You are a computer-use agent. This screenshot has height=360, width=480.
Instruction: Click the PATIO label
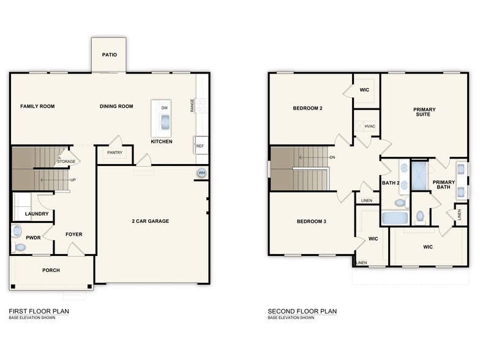pyautogui.click(x=109, y=54)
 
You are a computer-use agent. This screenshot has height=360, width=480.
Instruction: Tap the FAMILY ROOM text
pyautogui.click(x=37, y=107)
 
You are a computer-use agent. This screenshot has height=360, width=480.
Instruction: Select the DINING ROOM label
pyautogui.click(x=116, y=107)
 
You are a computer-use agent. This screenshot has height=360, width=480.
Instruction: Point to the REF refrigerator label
pyautogui.click(x=200, y=146)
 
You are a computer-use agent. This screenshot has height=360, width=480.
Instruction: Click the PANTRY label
pyautogui.click(x=115, y=152)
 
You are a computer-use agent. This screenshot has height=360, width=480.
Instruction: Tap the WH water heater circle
pyautogui.click(x=201, y=173)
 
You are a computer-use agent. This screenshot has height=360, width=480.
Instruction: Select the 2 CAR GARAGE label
pyautogui.click(x=151, y=221)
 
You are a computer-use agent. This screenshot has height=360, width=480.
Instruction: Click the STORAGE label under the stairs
pyautogui.click(x=66, y=162)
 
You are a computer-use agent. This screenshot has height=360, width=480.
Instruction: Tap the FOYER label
pyautogui.click(x=73, y=234)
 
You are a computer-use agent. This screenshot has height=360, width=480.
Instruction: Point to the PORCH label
pyautogui.click(x=51, y=270)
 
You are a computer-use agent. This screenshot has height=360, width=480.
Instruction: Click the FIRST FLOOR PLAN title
pyautogui.click(x=39, y=311)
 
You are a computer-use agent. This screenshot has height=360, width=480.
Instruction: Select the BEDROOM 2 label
pyautogui.click(x=307, y=108)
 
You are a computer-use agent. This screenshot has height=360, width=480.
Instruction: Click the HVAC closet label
pyautogui.click(x=369, y=126)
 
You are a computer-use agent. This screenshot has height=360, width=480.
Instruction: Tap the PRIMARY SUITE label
pyautogui.click(x=424, y=112)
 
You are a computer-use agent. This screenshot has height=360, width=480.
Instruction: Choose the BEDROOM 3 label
pyautogui.click(x=312, y=221)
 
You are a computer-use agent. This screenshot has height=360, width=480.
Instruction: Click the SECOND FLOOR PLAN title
pyautogui.click(x=302, y=311)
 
